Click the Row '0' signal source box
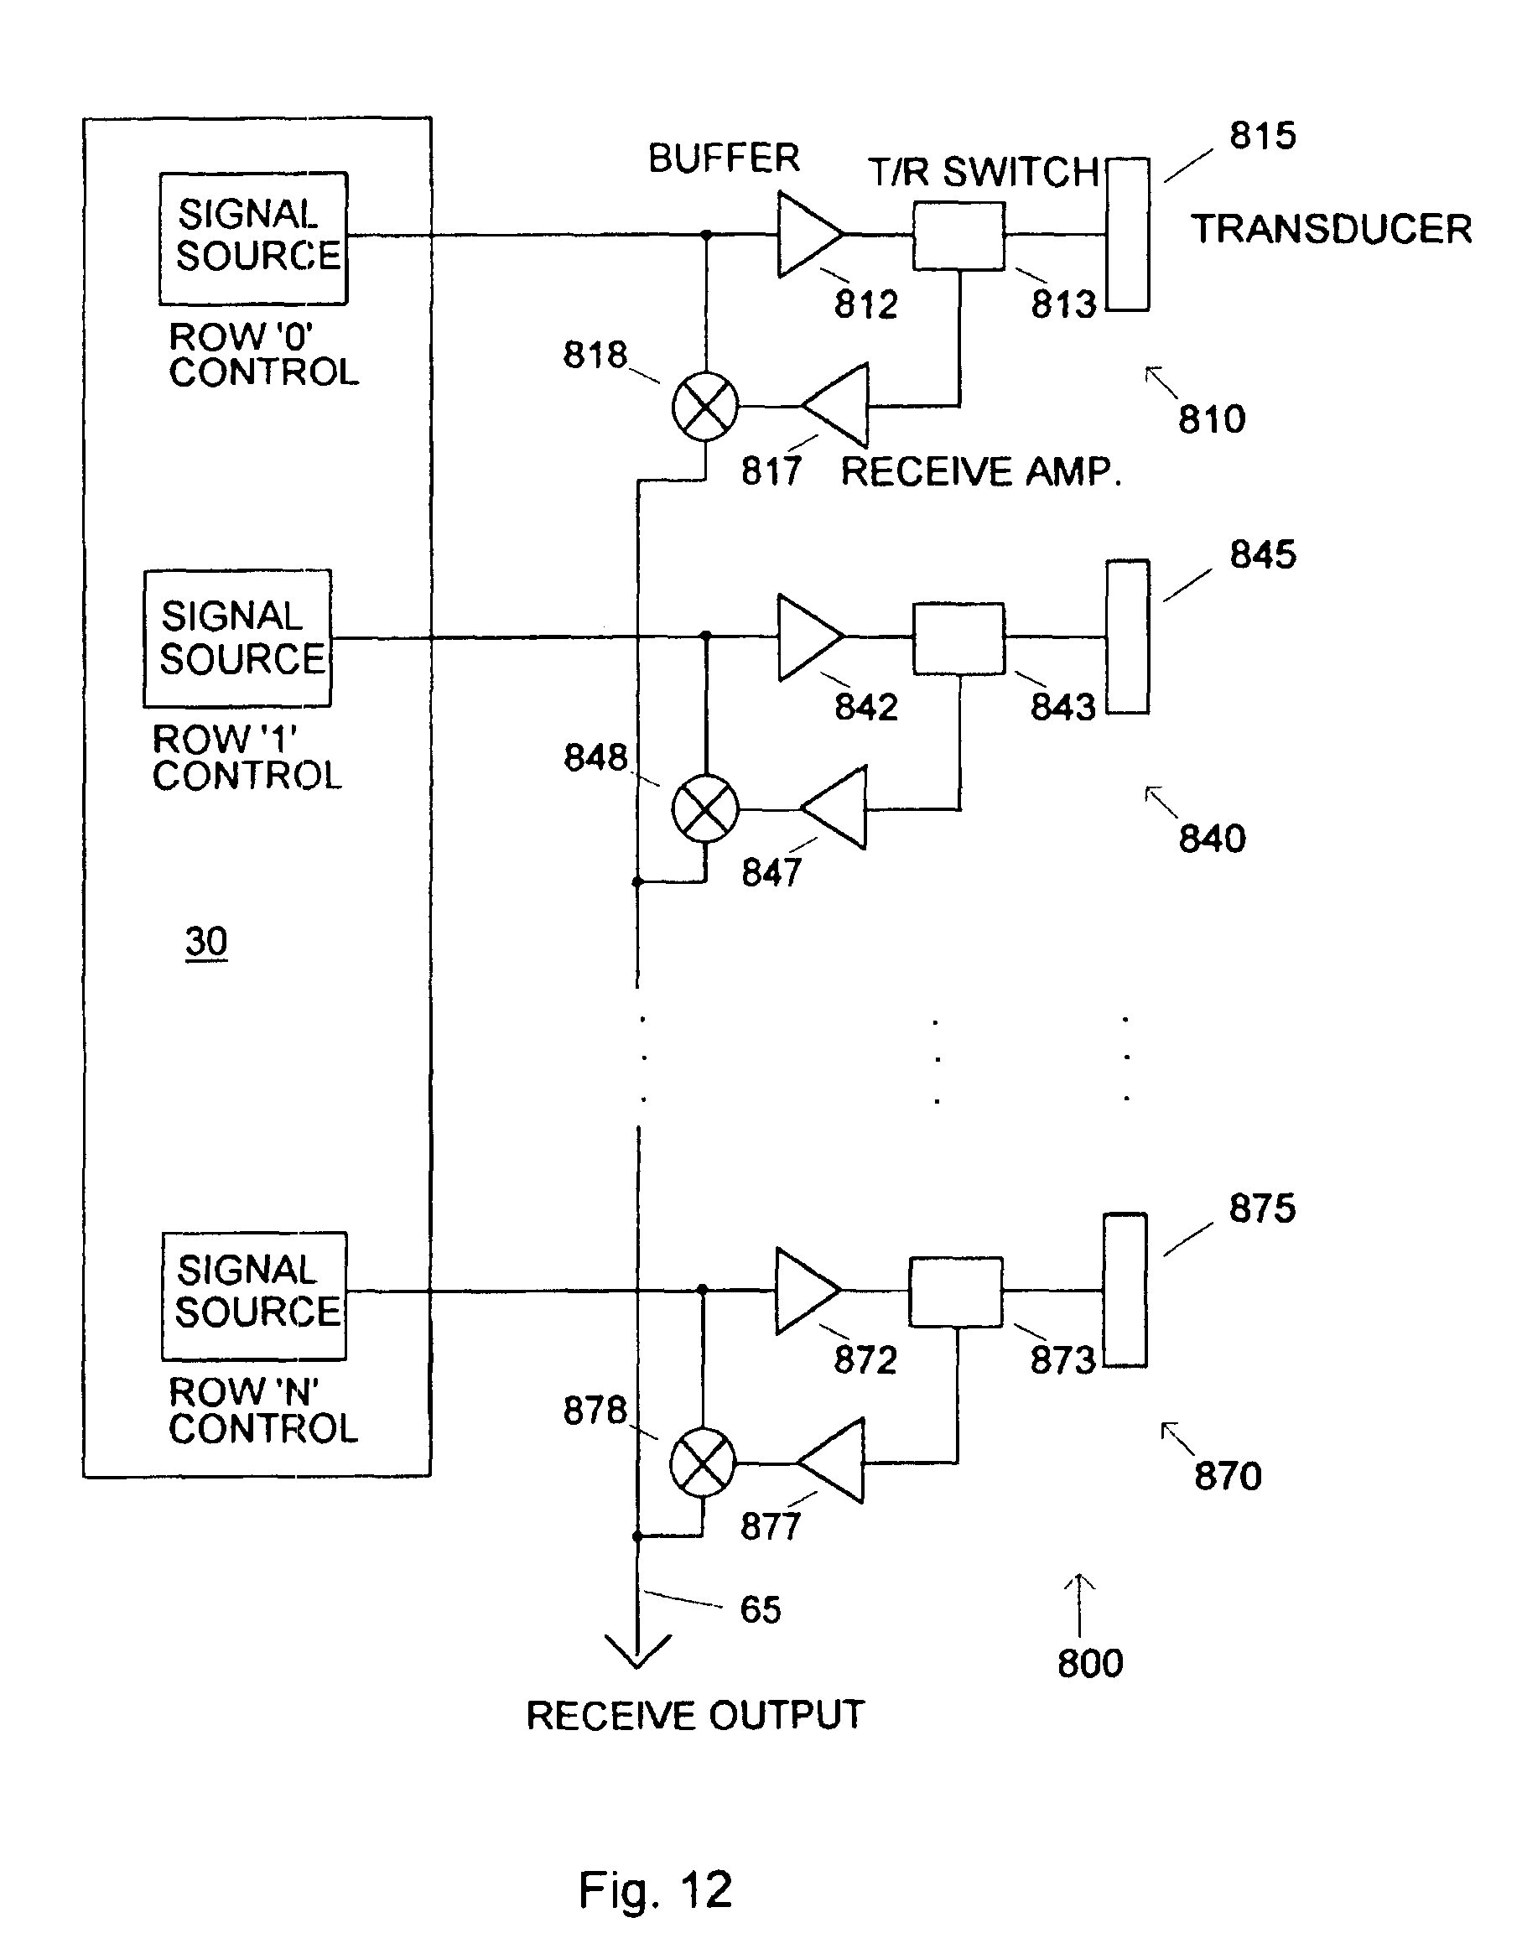[x=253, y=237]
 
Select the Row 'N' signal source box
[x=254, y=1295]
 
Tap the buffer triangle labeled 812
[x=805, y=235]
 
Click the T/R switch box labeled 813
[x=958, y=236]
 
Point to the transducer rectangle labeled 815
[x=1127, y=235]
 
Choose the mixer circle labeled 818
[x=705, y=406]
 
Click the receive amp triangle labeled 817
[x=839, y=405]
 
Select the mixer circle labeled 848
[x=705, y=808]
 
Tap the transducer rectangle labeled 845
[x=1127, y=637]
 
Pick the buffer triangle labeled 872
[x=803, y=1290]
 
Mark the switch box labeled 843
[x=958, y=638]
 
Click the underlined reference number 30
[x=205, y=941]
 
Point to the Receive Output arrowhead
[x=638, y=1651]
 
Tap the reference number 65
[x=761, y=1609]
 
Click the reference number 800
[x=1090, y=1663]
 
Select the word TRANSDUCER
[x=1331, y=229]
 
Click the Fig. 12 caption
[x=655, y=1889]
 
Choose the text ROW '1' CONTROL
[x=247, y=757]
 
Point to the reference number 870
[x=1228, y=1475]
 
